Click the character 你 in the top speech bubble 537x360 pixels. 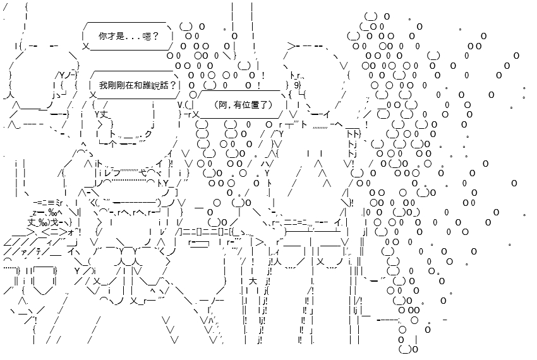[x=103, y=36]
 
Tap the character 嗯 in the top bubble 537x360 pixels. [x=147, y=36]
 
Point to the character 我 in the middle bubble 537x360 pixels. [x=103, y=85]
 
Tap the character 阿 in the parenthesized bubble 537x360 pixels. [x=222, y=105]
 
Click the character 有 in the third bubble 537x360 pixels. [x=238, y=105]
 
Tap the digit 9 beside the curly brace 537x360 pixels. [x=296, y=85]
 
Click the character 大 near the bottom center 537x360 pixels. [x=253, y=282]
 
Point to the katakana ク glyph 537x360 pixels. [x=148, y=135]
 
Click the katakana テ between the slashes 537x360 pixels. [x=39, y=252]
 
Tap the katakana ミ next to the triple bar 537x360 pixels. [x=57, y=203]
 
